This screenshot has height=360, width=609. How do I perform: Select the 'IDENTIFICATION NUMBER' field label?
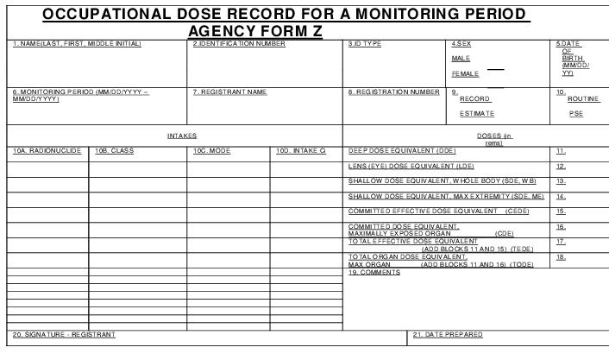[239, 43]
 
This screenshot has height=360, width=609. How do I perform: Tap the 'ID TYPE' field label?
[365, 43]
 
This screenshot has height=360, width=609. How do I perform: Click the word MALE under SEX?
[461, 59]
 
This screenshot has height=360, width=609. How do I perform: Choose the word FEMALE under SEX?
[465, 74]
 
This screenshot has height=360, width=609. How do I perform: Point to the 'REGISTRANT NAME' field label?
[229, 92]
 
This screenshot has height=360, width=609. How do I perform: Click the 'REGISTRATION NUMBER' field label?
[393, 92]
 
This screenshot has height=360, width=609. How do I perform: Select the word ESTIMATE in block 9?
[476, 113]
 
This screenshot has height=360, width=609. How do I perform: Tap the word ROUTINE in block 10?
[583, 99]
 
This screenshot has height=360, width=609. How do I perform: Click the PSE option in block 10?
[576, 113]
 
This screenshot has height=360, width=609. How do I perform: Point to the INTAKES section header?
[182, 136]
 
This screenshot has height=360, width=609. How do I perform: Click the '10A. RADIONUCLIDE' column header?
[47, 150]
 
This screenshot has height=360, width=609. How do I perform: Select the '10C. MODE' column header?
[211, 150]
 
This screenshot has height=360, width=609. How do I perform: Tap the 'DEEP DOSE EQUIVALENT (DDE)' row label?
[402, 150]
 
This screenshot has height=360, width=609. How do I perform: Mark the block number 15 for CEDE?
[561, 211]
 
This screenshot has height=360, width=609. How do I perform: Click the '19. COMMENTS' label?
[374, 272]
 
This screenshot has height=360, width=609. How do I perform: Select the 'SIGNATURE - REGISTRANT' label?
[64, 334]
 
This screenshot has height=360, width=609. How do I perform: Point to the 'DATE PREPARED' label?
[448, 334]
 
